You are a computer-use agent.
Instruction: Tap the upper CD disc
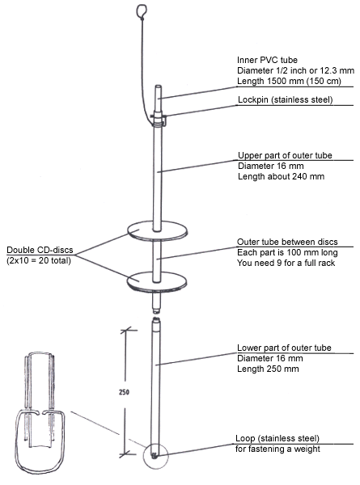tap(157, 230)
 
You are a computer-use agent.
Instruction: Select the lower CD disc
tap(157, 281)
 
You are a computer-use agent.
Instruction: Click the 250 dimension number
tap(124, 392)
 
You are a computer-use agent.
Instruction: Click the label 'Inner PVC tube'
tap(267, 60)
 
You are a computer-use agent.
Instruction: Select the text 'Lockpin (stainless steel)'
tap(285, 99)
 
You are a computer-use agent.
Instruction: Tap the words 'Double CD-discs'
tap(40, 250)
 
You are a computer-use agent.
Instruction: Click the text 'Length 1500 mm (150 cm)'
tap(289, 81)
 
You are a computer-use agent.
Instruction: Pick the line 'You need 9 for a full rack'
tap(286, 263)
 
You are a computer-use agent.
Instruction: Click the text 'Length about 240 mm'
tap(281, 176)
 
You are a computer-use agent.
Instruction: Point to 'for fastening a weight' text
tap(277, 449)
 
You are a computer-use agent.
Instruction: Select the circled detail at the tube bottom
tap(155, 456)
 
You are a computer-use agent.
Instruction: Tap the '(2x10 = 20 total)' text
tap(39, 260)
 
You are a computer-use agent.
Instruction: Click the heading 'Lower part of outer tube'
tap(284, 348)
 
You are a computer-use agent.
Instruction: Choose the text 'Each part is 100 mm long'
tap(287, 252)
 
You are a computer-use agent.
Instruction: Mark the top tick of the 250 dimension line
tap(125, 331)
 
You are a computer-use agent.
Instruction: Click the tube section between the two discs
tap(157, 256)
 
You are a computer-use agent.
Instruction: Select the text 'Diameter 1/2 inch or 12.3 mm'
tap(295, 70)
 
